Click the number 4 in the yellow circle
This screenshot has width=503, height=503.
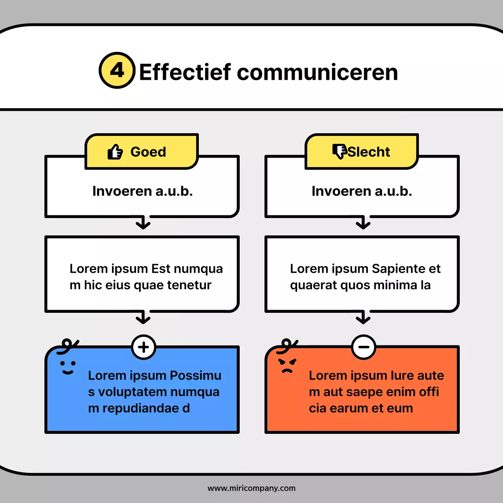coord(117,71)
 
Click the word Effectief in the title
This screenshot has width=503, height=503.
coord(185,72)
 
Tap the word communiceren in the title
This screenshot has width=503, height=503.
coord(318,72)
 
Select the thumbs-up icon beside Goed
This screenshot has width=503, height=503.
coord(115,152)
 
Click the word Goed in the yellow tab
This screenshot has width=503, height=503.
coord(148,152)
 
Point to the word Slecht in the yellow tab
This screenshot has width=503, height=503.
coord(369,152)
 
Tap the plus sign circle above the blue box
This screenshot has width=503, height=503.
coord(143,347)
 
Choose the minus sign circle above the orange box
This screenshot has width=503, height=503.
coord(363,347)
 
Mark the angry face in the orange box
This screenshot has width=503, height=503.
coord(287,366)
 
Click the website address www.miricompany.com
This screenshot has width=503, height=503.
coord(251,488)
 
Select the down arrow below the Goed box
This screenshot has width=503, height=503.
coord(143,223)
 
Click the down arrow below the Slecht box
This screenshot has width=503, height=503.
coord(363,223)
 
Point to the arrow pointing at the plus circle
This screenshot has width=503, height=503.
coord(143,318)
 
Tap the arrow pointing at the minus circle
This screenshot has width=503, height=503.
coord(363,318)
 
